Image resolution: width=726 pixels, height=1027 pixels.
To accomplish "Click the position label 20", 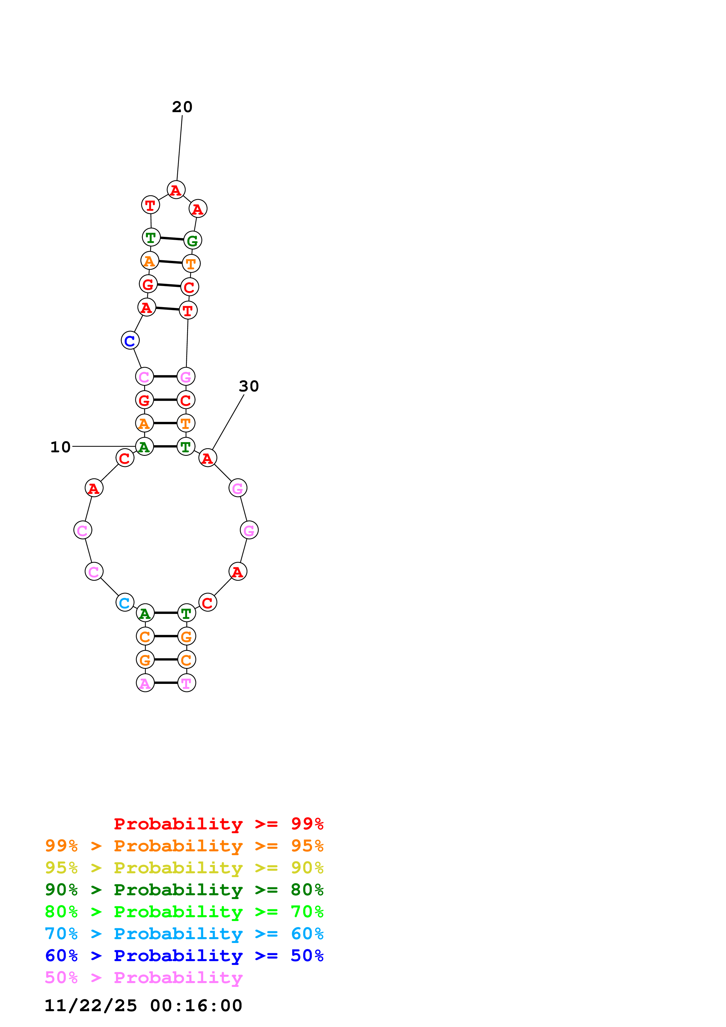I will tap(182, 107).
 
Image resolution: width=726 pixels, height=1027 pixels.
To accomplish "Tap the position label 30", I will tap(249, 386).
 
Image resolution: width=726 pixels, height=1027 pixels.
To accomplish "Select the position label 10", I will tap(60, 447).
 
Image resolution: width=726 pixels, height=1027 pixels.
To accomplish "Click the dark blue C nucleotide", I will tap(130, 340).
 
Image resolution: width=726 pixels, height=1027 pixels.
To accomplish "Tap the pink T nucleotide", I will tap(187, 683).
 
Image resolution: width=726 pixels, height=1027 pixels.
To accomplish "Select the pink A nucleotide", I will tap(145, 683).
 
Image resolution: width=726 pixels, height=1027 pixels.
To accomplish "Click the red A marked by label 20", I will tap(176, 190).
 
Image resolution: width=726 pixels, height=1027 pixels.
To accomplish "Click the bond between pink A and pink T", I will tap(166, 683).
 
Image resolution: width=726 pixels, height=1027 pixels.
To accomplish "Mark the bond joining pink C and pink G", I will tap(165, 376).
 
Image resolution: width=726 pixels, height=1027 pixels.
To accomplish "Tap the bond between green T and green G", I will tap(172, 238).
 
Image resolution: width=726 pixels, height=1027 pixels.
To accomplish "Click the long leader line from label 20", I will tap(179, 148).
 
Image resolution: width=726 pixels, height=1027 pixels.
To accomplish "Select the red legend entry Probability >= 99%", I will tap(218, 824).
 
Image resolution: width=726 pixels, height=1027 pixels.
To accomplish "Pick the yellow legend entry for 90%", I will tap(184, 868).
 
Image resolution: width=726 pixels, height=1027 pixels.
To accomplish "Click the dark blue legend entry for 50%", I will tap(184, 956).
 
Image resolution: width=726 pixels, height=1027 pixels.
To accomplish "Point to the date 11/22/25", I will tap(91, 1006).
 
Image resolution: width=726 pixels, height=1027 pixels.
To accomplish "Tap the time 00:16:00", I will tap(196, 1006).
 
